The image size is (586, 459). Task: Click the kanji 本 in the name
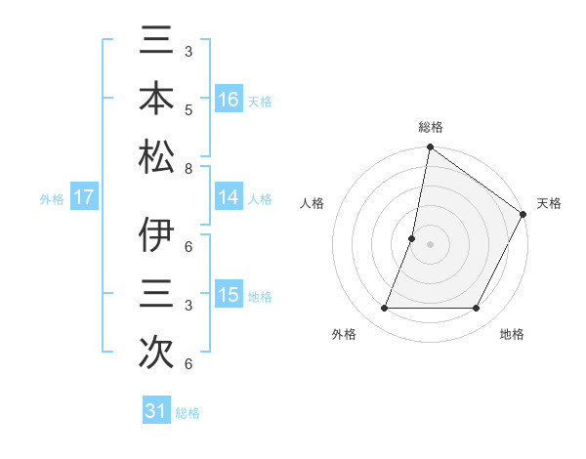[156, 101]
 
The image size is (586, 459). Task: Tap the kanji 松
[156, 156]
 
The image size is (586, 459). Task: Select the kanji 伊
[156, 237]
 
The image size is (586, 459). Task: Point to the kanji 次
[156, 351]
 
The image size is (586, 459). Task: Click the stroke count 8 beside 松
[188, 169]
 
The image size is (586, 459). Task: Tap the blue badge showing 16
[229, 99]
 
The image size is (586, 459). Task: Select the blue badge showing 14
[229, 197]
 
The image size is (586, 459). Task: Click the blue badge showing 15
[229, 295]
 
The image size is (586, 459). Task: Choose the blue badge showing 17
[84, 197]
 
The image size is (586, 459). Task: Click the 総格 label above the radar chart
[430, 128]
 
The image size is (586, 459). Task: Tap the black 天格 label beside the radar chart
[549, 203]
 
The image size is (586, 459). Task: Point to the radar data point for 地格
[477, 309]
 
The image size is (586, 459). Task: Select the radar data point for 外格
[384, 309]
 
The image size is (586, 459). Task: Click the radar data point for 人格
[412, 238]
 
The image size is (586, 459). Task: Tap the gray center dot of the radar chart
[430, 244]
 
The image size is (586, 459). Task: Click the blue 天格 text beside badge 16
[260, 101]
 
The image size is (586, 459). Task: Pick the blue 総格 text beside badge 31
[188, 413]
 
